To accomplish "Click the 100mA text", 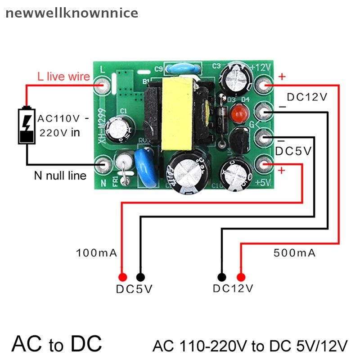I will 97,253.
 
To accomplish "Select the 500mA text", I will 294,253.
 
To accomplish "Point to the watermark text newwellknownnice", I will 72,13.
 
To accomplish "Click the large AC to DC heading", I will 57,343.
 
